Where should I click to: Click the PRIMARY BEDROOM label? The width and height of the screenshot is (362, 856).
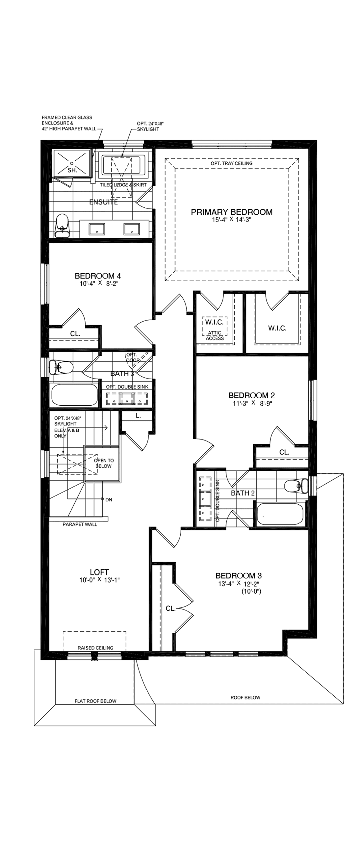pos(231,212)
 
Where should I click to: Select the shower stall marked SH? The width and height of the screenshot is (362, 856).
pos(72,163)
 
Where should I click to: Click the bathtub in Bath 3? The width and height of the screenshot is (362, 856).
pos(74,394)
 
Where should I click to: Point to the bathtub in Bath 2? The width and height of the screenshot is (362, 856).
pos(280,514)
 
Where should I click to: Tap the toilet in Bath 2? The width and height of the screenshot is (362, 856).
pos(296,486)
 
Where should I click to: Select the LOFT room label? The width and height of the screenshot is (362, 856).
pos(99,572)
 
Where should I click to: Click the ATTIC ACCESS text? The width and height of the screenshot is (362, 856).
pos(215,335)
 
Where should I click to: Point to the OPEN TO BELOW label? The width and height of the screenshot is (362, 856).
pos(104,463)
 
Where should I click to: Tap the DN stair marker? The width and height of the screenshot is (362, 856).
pos(109,499)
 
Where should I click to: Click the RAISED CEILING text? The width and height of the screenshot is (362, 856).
pos(95,648)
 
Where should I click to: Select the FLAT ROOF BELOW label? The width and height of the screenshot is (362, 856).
pos(95,701)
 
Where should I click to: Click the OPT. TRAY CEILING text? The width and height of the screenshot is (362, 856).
pos(231,163)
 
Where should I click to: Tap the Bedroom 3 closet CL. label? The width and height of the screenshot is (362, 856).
pos(170,608)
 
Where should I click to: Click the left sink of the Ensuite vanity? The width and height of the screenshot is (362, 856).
pos(97,229)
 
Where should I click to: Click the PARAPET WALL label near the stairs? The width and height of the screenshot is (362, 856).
pos(80,524)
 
